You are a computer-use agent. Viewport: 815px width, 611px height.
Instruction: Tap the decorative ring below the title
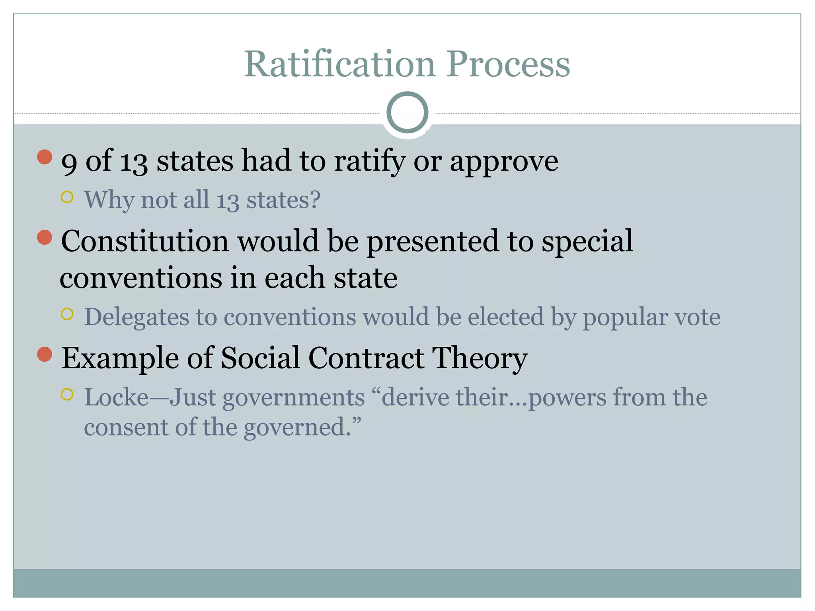(407, 113)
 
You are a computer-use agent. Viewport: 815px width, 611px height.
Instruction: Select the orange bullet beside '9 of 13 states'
(45, 157)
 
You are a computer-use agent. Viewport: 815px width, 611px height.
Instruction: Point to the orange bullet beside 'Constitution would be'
(45, 237)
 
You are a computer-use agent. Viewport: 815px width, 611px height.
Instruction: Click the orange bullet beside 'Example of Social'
(45, 354)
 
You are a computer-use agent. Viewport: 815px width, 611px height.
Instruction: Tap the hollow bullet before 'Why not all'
(67, 197)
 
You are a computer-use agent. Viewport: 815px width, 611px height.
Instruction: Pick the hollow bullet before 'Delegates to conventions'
(67, 314)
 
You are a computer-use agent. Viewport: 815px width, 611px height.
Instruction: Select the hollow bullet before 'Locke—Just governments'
(67, 395)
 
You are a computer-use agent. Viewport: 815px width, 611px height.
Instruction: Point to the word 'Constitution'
(145, 241)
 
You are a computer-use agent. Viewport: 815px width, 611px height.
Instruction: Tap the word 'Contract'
(366, 358)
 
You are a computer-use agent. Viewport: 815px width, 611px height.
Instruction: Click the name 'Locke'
(116, 397)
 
